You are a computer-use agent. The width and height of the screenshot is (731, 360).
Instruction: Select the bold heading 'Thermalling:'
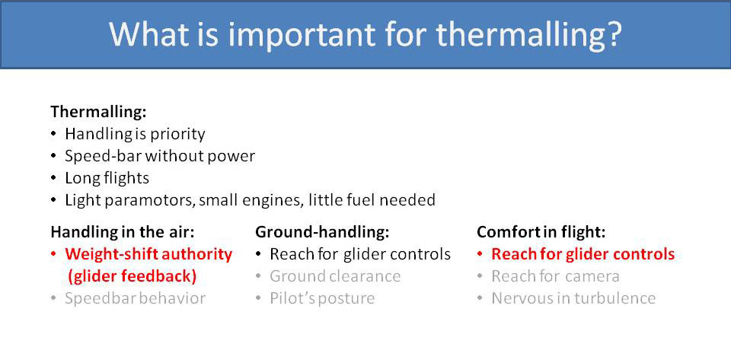pyautogui.click(x=98, y=112)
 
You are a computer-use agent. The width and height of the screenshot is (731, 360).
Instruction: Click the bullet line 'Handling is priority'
pyautogui.click(x=135, y=134)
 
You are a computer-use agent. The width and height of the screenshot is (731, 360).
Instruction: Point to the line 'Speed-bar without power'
pyautogui.click(x=159, y=156)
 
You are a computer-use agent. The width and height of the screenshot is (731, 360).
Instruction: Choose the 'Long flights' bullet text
pyautogui.click(x=107, y=178)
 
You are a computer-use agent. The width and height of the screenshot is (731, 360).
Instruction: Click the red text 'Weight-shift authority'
pyautogui.click(x=148, y=253)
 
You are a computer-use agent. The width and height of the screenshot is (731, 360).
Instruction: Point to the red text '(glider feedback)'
pyautogui.click(x=132, y=276)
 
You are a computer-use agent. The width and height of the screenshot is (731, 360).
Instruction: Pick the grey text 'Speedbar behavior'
pyautogui.click(x=135, y=298)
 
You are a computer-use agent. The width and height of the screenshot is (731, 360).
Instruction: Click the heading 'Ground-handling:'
pyautogui.click(x=322, y=231)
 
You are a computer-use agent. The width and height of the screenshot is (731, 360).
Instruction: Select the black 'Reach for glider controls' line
pyautogui.click(x=360, y=253)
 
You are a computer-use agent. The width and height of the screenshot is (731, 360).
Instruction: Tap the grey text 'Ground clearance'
pyautogui.click(x=335, y=276)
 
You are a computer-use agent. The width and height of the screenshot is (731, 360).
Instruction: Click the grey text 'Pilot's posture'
pyautogui.click(x=322, y=298)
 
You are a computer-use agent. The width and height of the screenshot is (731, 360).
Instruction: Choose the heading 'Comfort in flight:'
pyautogui.click(x=541, y=231)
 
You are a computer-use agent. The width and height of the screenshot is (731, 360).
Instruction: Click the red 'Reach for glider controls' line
pyautogui.click(x=583, y=253)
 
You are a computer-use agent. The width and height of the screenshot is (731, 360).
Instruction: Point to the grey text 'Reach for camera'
pyautogui.click(x=555, y=276)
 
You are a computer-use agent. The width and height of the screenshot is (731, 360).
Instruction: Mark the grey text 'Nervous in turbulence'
pyautogui.click(x=573, y=298)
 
